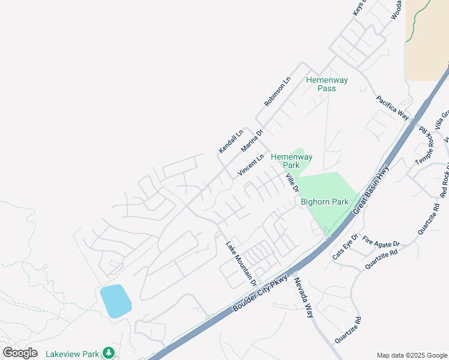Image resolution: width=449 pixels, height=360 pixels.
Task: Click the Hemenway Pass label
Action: tap(321, 84)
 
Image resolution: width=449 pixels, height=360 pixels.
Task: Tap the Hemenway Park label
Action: tap(291, 161)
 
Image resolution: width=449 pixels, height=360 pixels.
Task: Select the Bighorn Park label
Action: tap(325, 202)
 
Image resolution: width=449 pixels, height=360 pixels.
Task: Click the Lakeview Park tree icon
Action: tap(108, 353)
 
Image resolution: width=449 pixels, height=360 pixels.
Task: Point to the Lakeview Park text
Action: tap(72, 354)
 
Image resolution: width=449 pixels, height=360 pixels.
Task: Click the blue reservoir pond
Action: tap(115, 301)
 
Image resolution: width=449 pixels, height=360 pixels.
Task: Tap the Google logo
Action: tap(20, 353)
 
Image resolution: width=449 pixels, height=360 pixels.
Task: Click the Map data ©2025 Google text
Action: tap(412, 355)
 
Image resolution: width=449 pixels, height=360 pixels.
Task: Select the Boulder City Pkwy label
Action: tap(261, 294)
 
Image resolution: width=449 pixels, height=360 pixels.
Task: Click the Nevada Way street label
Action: tap(304, 297)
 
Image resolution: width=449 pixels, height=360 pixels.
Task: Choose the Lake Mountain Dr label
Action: tap(241, 263)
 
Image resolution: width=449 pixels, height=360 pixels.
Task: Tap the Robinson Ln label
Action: tap(277, 92)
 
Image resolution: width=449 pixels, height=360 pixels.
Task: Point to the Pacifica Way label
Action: tap(393, 107)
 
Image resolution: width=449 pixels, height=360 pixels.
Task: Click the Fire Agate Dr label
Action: tap(381, 243)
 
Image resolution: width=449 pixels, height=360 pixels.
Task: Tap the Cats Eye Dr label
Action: tap(345, 247)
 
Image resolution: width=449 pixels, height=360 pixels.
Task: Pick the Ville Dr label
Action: tap(292, 182)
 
